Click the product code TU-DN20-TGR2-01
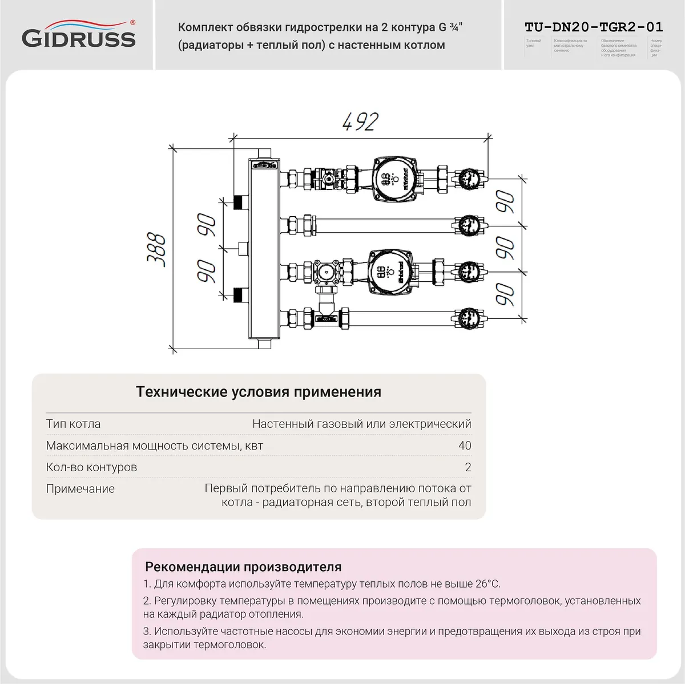594,27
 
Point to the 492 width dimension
360,122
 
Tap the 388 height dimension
156,249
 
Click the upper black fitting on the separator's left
238,201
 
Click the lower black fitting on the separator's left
238,295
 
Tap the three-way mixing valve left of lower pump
328,272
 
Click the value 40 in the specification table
465,446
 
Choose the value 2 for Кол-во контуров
468,467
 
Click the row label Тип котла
73,424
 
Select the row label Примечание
80,489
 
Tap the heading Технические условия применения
259,392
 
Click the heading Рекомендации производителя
243,567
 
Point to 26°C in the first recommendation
488,584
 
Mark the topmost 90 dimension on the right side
505,201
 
